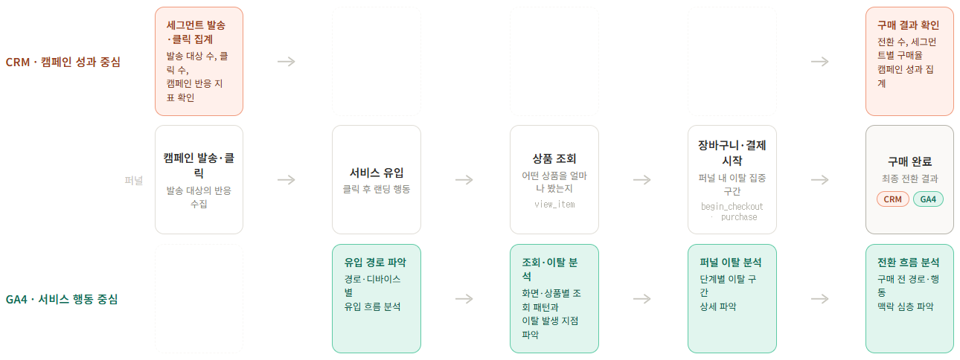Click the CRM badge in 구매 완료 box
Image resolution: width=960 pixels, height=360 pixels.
[892, 199]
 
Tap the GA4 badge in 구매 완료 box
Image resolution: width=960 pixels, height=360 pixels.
[928, 199]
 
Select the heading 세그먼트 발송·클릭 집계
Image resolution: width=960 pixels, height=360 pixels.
[196, 32]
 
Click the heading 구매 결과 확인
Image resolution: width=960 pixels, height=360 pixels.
[908, 25]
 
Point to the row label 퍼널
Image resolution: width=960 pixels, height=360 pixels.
[134, 180]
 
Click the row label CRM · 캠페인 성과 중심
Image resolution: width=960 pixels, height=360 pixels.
[63, 62]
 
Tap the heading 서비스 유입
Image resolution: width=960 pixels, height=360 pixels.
[376, 173]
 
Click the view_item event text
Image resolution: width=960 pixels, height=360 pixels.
[554, 205]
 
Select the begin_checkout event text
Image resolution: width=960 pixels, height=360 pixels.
[732, 207]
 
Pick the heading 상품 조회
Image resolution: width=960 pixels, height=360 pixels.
[554, 158]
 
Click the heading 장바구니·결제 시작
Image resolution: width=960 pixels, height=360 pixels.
[732, 152]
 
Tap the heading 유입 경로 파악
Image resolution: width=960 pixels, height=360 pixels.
[375, 263]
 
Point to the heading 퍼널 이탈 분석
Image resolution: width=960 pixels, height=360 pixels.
[731, 263]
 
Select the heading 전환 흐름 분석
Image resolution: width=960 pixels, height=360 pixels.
[908, 263]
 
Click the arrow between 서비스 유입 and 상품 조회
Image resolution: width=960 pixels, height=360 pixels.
[464, 179]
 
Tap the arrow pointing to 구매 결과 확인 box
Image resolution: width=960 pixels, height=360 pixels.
[820, 61]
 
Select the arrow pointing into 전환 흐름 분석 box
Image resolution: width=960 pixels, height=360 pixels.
[820, 298]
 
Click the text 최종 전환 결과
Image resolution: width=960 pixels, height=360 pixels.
[909, 179]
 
